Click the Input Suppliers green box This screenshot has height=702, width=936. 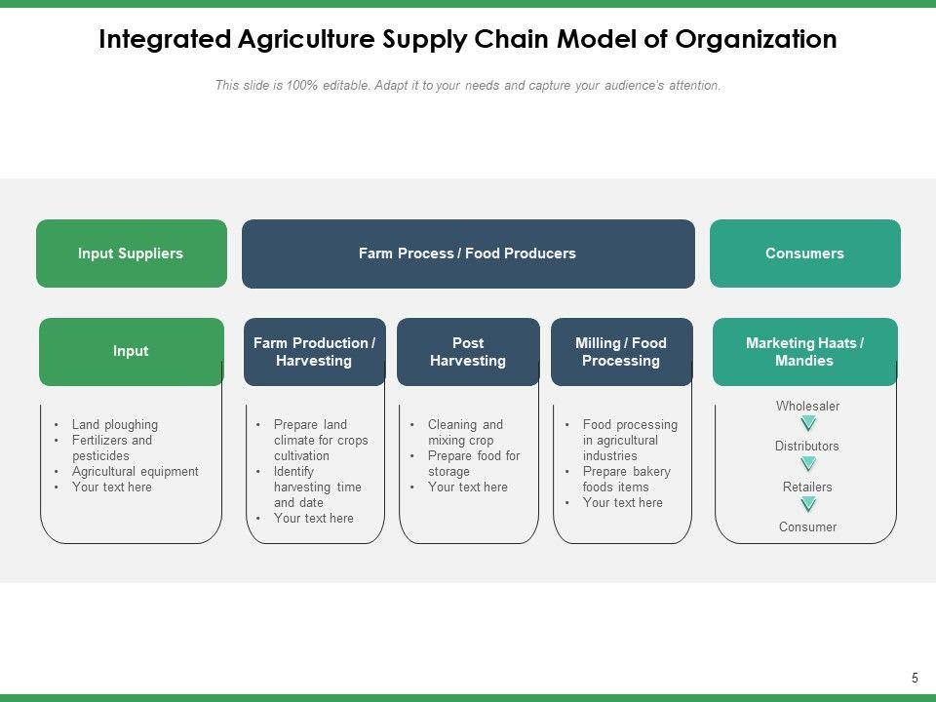(131, 253)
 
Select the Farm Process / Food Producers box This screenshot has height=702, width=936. (467, 253)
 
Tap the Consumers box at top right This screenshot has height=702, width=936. (804, 253)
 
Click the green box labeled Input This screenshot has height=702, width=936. (131, 351)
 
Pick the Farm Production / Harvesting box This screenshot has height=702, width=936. (314, 352)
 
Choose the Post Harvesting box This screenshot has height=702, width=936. (468, 352)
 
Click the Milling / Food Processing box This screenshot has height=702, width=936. (621, 352)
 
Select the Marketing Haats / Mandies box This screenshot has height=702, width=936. (804, 352)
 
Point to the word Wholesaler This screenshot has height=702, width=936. (807, 406)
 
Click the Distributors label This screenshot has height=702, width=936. (807, 446)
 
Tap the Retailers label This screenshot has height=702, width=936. (807, 487)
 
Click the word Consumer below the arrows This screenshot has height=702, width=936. (807, 526)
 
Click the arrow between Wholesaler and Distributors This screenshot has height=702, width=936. (808, 424)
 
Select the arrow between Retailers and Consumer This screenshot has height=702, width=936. (808, 505)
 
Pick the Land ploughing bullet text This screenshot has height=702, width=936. (114, 425)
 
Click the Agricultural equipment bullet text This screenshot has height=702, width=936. (135, 472)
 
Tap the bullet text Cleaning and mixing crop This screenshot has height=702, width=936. (465, 432)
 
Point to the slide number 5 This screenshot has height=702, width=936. (915, 678)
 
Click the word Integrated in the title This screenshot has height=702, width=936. (164, 40)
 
